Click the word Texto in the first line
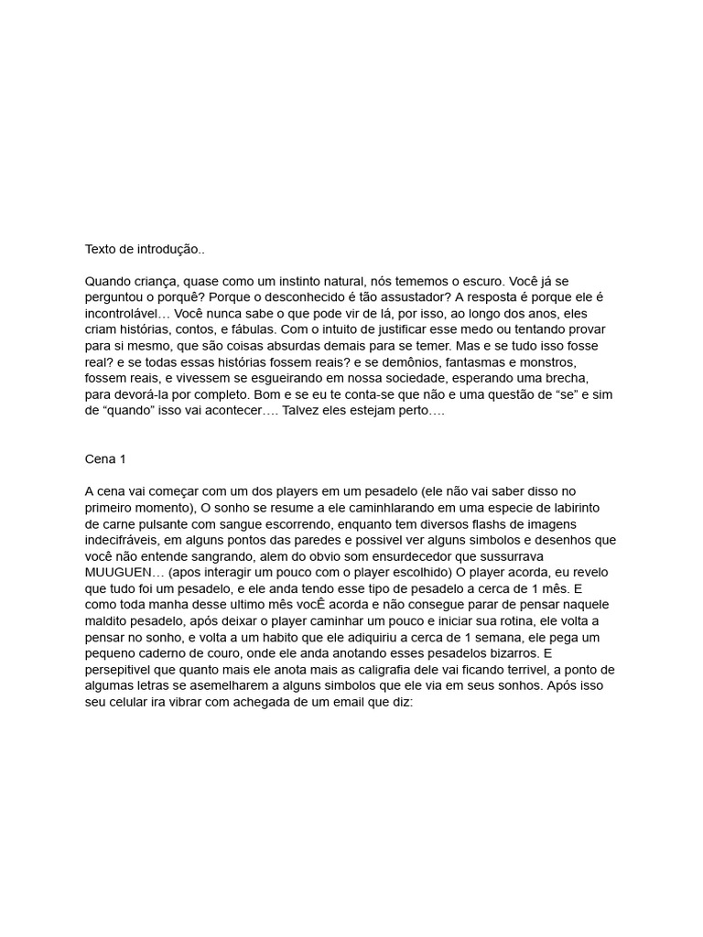point(102,249)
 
